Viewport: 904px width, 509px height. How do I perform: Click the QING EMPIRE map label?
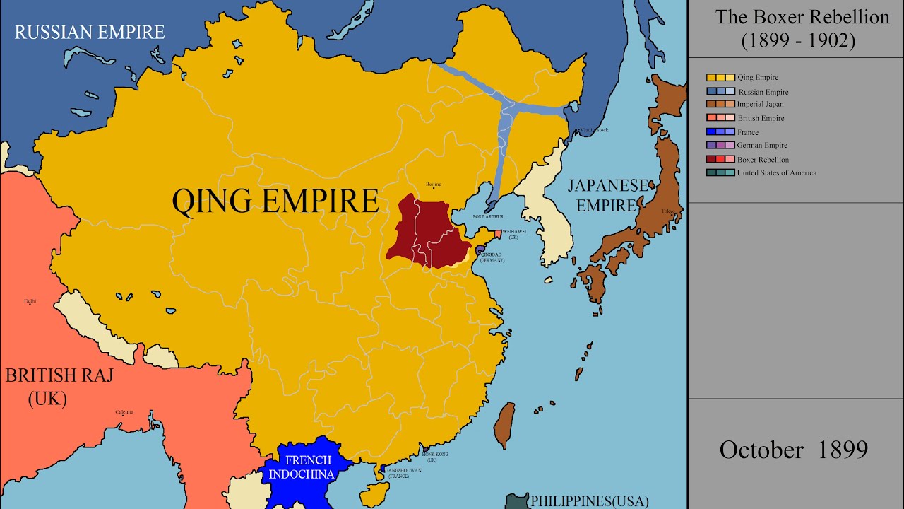pyautogui.click(x=275, y=201)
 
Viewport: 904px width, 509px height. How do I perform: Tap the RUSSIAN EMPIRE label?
pyautogui.click(x=90, y=32)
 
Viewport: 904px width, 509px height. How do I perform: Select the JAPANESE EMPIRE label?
pyautogui.click(x=607, y=195)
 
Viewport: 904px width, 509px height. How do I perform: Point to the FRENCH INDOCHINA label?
pyautogui.click(x=309, y=467)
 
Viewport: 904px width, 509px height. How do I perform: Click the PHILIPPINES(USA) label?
pyautogui.click(x=589, y=501)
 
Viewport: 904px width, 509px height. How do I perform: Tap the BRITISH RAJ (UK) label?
pyautogui.click(x=49, y=386)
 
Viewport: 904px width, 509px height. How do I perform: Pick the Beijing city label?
pyautogui.click(x=433, y=185)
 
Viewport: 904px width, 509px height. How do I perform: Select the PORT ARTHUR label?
pyautogui.click(x=489, y=216)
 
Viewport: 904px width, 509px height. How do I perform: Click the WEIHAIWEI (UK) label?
pyautogui.click(x=513, y=234)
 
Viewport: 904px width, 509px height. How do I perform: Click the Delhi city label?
pyautogui.click(x=30, y=301)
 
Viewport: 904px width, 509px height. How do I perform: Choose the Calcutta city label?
pyautogui.click(x=124, y=412)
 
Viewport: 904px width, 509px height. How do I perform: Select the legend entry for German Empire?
pyautogui.click(x=762, y=146)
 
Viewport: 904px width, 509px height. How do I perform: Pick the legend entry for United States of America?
pyautogui.click(x=776, y=173)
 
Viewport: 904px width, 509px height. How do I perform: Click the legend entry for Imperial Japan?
pyautogui.click(x=760, y=105)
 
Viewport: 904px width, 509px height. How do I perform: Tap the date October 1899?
pyautogui.click(x=793, y=450)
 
